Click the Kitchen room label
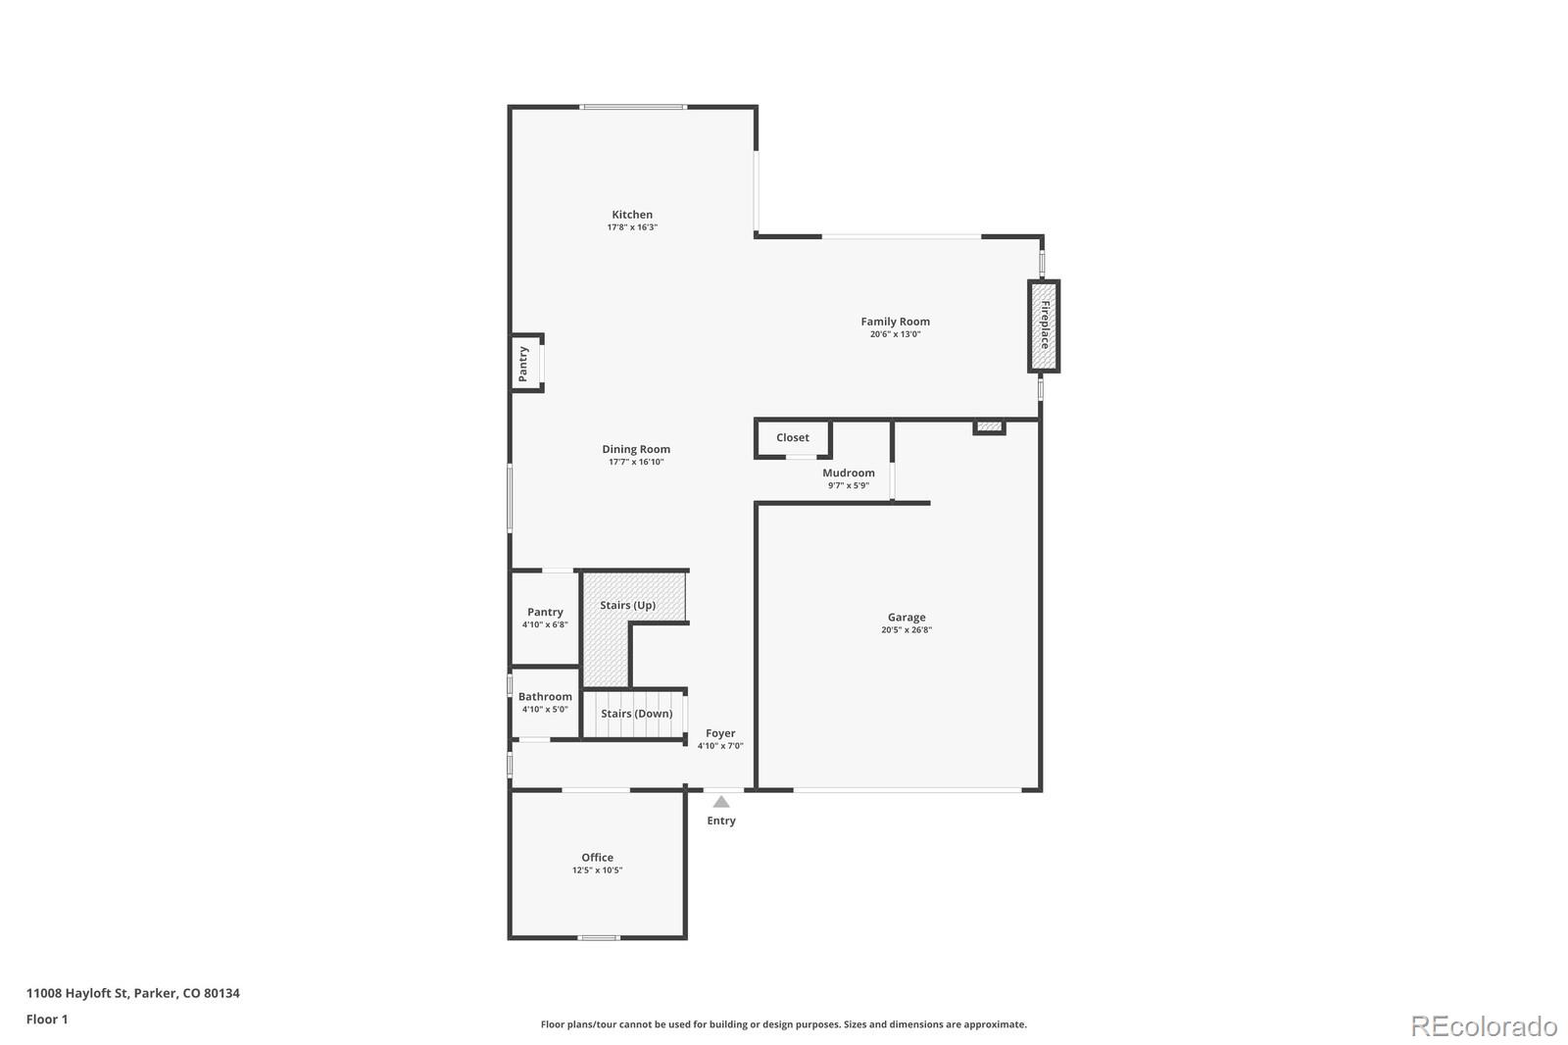point(632,215)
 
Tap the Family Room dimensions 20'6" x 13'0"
point(895,334)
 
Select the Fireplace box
point(1044,326)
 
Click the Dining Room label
point(636,449)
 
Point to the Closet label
point(793,437)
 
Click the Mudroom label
point(848,473)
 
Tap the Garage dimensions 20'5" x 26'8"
point(906,630)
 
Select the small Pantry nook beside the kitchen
point(524,364)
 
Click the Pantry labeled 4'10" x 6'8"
point(545,612)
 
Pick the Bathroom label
point(545,696)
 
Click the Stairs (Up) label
point(628,605)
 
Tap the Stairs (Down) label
point(636,714)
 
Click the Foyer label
point(720,733)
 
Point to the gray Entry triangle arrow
point(721,802)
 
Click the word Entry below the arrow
point(721,821)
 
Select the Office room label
point(597,857)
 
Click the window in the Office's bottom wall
point(598,938)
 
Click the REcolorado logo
point(1483,1026)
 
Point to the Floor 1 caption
point(47,1020)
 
